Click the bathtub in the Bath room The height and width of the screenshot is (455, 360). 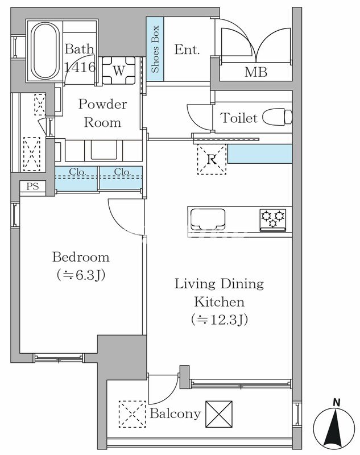tap(45, 51)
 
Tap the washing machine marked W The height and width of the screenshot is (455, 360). tap(119, 70)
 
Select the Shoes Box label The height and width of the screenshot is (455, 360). tap(155, 49)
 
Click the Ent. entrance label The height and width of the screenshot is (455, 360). tap(187, 49)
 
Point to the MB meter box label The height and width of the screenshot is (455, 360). tap(255, 72)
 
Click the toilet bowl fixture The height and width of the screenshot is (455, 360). tap(278, 117)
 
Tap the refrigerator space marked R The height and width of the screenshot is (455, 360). tap(212, 159)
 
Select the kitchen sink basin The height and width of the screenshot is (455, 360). tap(208, 218)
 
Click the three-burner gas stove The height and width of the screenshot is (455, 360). tap(272, 220)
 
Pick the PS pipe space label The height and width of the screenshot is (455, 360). tap(32, 186)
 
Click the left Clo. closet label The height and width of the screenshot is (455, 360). tap(77, 172)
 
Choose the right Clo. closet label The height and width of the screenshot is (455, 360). tap(122, 172)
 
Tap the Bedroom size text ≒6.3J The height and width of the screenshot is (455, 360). tap(81, 275)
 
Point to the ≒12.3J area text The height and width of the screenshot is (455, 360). tap(220, 320)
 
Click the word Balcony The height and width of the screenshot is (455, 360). tap(175, 414)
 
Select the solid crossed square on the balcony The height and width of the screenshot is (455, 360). tap(219, 414)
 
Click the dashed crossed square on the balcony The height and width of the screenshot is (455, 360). tap(133, 414)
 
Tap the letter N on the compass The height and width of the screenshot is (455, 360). tap(337, 403)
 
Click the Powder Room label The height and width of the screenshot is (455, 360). tap(103, 113)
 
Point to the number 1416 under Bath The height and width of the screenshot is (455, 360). tap(80, 67)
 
